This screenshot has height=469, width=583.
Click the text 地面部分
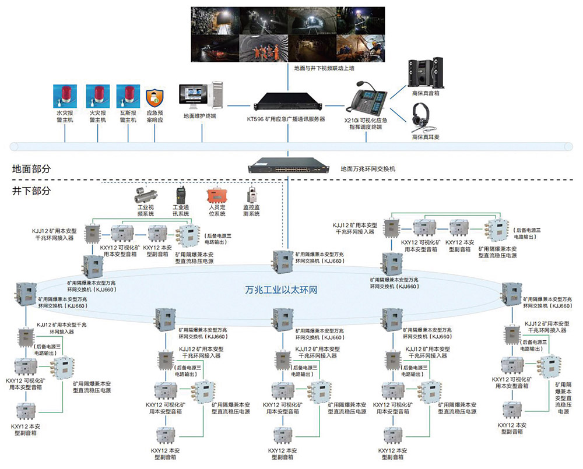31,169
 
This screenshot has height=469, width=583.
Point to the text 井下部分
31,191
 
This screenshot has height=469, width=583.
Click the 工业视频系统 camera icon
145,193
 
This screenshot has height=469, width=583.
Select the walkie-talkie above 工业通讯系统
180,195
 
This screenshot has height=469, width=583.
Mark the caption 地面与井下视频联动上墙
325,68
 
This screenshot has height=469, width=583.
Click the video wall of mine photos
288,34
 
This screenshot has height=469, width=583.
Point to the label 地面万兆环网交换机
368,169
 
